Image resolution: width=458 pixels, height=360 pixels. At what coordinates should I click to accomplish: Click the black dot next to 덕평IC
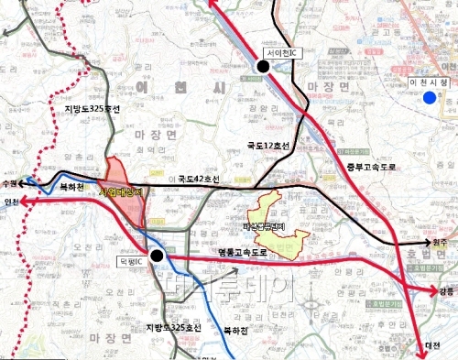tap(158, 256)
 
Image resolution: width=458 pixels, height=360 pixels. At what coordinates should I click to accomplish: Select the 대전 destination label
tap(431, 345)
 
